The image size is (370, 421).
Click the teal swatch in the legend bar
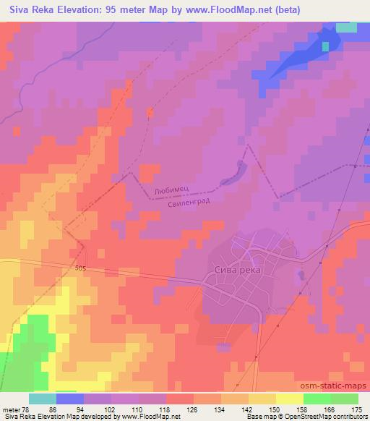(43, 399)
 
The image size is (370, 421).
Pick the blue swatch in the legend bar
(70, 399)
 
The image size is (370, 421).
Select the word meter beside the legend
(9, 409)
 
